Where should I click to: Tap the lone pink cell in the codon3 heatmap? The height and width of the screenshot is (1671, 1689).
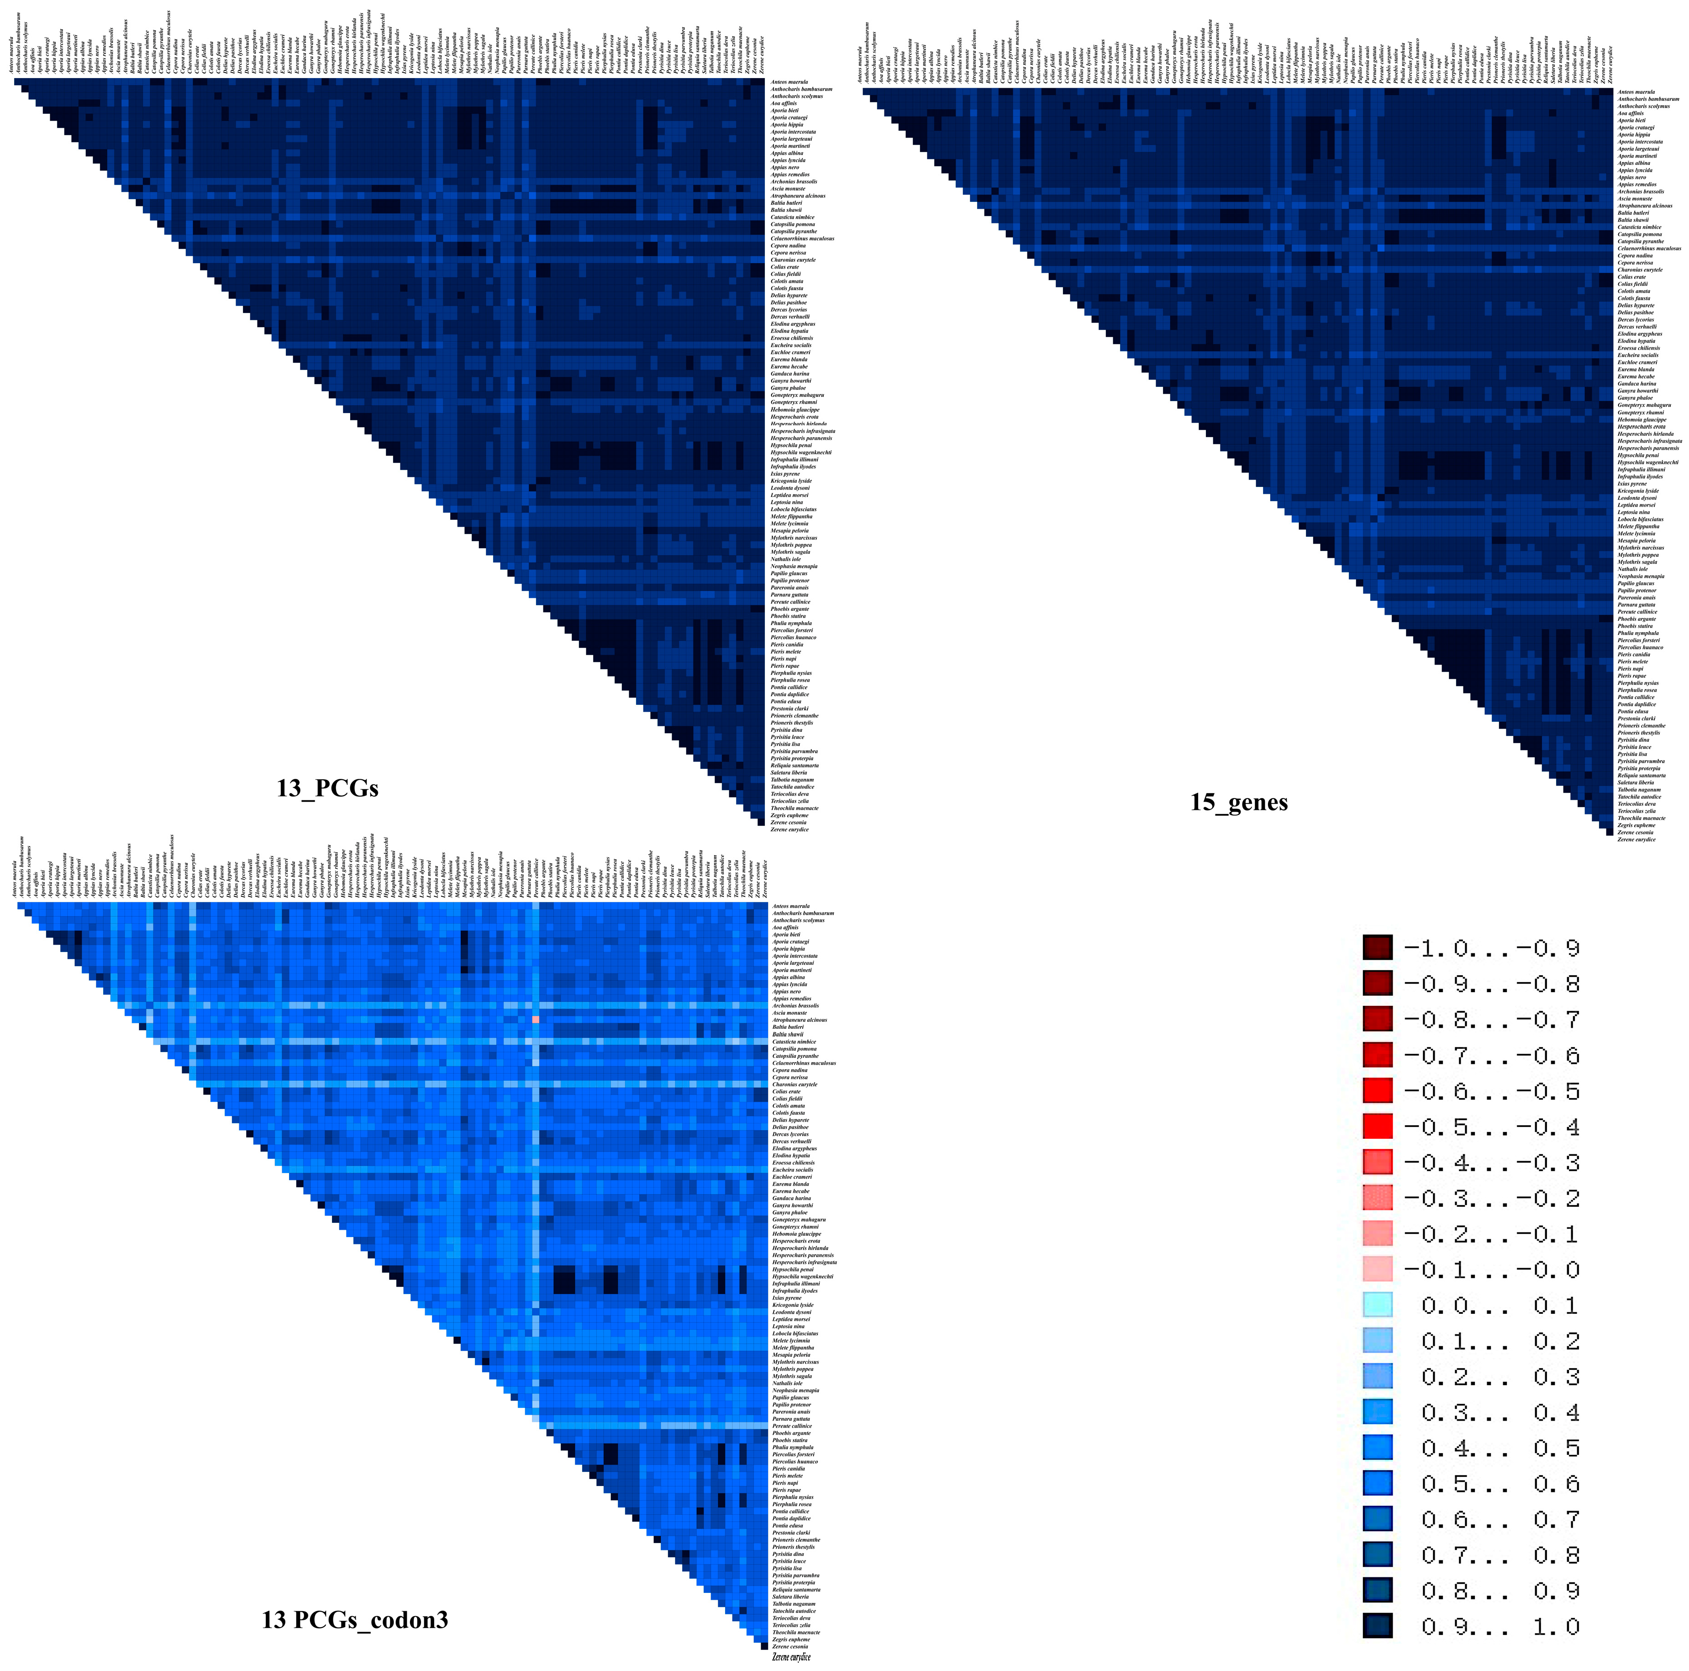[x=535, y=1020]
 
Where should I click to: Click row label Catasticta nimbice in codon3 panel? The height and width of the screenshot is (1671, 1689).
[x=794, y=1042]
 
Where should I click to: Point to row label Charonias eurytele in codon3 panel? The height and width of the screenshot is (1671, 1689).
[x=794, y=1084]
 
